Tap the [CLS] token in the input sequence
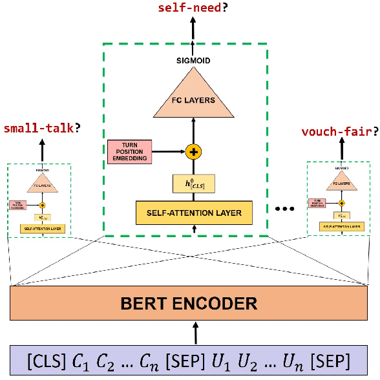pos(44,357)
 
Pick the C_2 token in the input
pos(107,357)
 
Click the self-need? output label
pos(189,8)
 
